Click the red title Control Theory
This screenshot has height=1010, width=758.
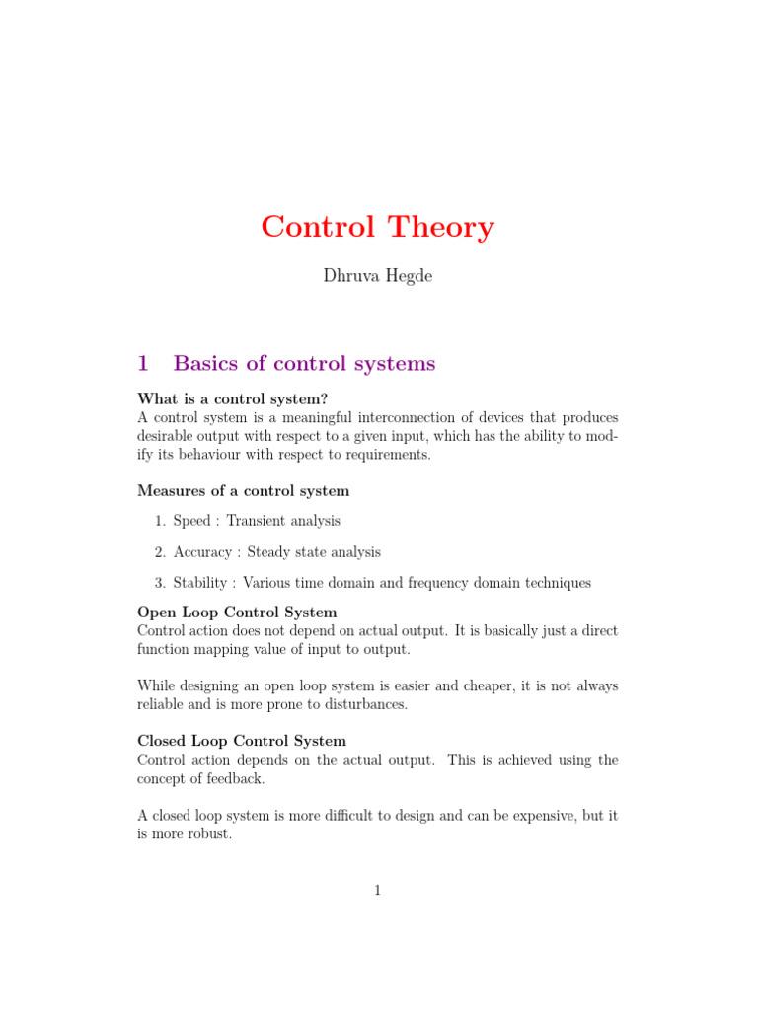click(x=378, y=227)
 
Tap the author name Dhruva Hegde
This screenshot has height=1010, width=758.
click(x=378, y=276)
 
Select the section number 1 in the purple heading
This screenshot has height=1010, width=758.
click(x=143, y=363)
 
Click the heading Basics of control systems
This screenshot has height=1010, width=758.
click(x=304, y=363)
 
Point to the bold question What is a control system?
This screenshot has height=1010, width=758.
click(x=232, y=398)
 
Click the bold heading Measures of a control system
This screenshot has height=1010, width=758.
click(x=243, y=490)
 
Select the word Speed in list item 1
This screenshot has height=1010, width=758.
click(x=191, y=521)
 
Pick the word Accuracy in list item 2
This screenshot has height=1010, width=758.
click(x=202, y=552)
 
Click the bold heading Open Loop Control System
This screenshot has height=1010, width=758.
click(x=237, y=613)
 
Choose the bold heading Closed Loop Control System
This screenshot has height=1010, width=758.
click(x=242, y=741)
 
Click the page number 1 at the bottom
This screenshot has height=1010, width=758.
click(x=378, y=891)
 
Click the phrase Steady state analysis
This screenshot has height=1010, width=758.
click(x=314, y=552)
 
